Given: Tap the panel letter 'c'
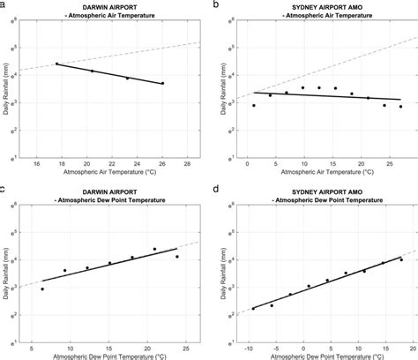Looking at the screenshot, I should (4, 188).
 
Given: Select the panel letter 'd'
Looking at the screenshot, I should (218, 188).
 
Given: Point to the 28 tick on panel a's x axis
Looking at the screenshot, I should (187, 164).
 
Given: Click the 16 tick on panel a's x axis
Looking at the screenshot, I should (36, 164).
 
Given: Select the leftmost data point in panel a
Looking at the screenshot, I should (57, 64).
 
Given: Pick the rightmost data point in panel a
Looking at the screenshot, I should (162, 84).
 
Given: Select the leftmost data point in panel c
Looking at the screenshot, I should (42, 289).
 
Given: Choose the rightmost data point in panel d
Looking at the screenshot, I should (400, 259).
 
